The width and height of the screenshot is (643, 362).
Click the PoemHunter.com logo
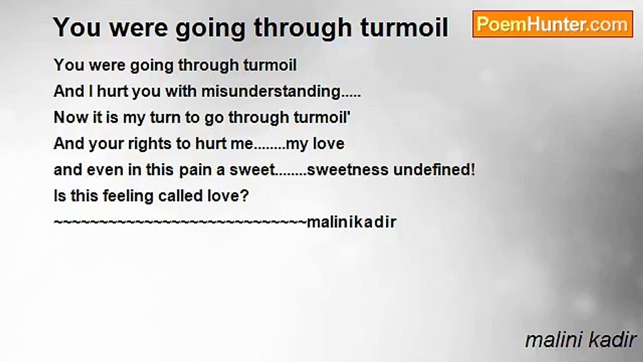(553, 24)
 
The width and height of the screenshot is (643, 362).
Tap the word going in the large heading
(211, 28)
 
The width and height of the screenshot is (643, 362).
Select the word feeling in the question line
(122, 196)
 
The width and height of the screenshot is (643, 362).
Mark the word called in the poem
(166, 196)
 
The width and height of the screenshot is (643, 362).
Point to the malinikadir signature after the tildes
(351, 222)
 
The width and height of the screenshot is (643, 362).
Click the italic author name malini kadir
(581, 340)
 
